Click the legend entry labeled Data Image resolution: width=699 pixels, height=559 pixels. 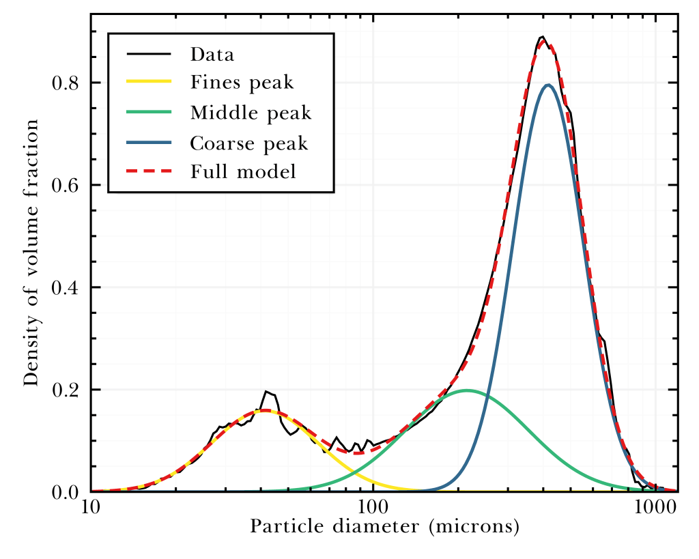coord(212,54)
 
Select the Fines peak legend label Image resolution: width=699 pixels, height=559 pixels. coord(242,83)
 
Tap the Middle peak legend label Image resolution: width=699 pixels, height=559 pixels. coord(251,113)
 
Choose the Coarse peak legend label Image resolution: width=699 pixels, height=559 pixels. coord(249,143)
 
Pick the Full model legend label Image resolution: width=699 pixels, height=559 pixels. coord(243,172)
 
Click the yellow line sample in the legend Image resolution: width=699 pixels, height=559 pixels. coord(149,82)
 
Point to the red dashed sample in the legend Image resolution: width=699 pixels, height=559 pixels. coord(149,171)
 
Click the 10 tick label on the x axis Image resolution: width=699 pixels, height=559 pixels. coord(90,509)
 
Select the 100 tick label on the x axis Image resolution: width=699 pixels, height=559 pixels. coord(373,509)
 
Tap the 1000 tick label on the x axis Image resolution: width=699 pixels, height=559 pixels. coord(655,509)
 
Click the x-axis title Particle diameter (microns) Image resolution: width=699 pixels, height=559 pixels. coord(385,528)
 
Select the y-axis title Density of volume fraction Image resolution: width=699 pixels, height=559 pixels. coord(31,253)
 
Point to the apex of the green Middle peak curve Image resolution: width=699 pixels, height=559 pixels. coord(467,390)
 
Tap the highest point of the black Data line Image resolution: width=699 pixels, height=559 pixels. coord(542,37)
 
